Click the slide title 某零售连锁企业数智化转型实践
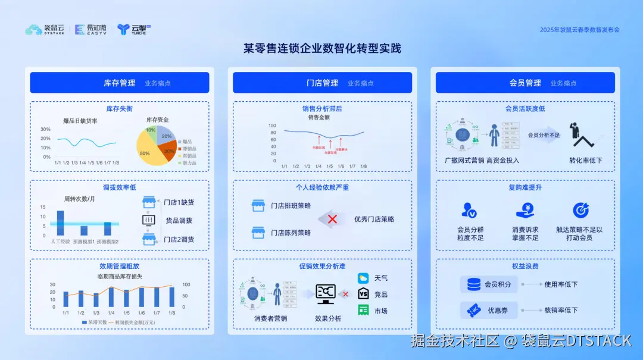point(322,48)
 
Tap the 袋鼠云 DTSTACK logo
point(45,29)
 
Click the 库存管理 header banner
point(120,83)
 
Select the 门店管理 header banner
point(322,83)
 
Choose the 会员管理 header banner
point(525,83)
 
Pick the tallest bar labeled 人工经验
point(60,223)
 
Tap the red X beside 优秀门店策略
point(332,219)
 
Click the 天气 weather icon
point(363,278)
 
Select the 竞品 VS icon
point(363,294)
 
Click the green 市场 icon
point(363,310)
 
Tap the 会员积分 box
point(489,284)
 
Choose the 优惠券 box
point(489,310)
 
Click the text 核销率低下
point(561,310)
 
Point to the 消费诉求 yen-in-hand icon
point(525,210)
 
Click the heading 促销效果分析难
point(322,266)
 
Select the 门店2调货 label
point(179,239)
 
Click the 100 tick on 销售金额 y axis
point(272,126)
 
